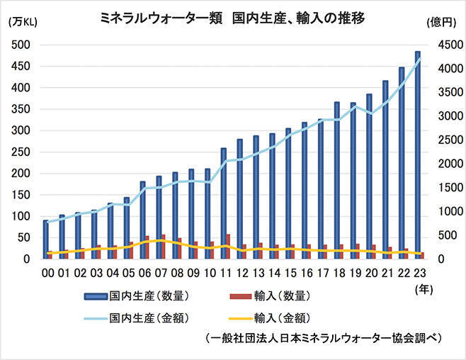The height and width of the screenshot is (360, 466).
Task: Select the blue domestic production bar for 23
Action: pos(417,156)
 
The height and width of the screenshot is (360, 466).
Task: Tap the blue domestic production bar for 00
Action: pos(46,240)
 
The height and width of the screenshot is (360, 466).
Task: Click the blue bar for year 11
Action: pos(223,203)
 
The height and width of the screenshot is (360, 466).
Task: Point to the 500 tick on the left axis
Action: pos(23,45)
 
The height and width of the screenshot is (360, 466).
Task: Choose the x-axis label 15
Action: pos(288,272)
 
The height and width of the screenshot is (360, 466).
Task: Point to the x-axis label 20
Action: pos(369,272)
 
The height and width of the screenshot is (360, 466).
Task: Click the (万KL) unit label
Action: pos(22,21)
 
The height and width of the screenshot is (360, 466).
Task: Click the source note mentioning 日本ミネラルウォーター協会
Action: pos(322,338)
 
